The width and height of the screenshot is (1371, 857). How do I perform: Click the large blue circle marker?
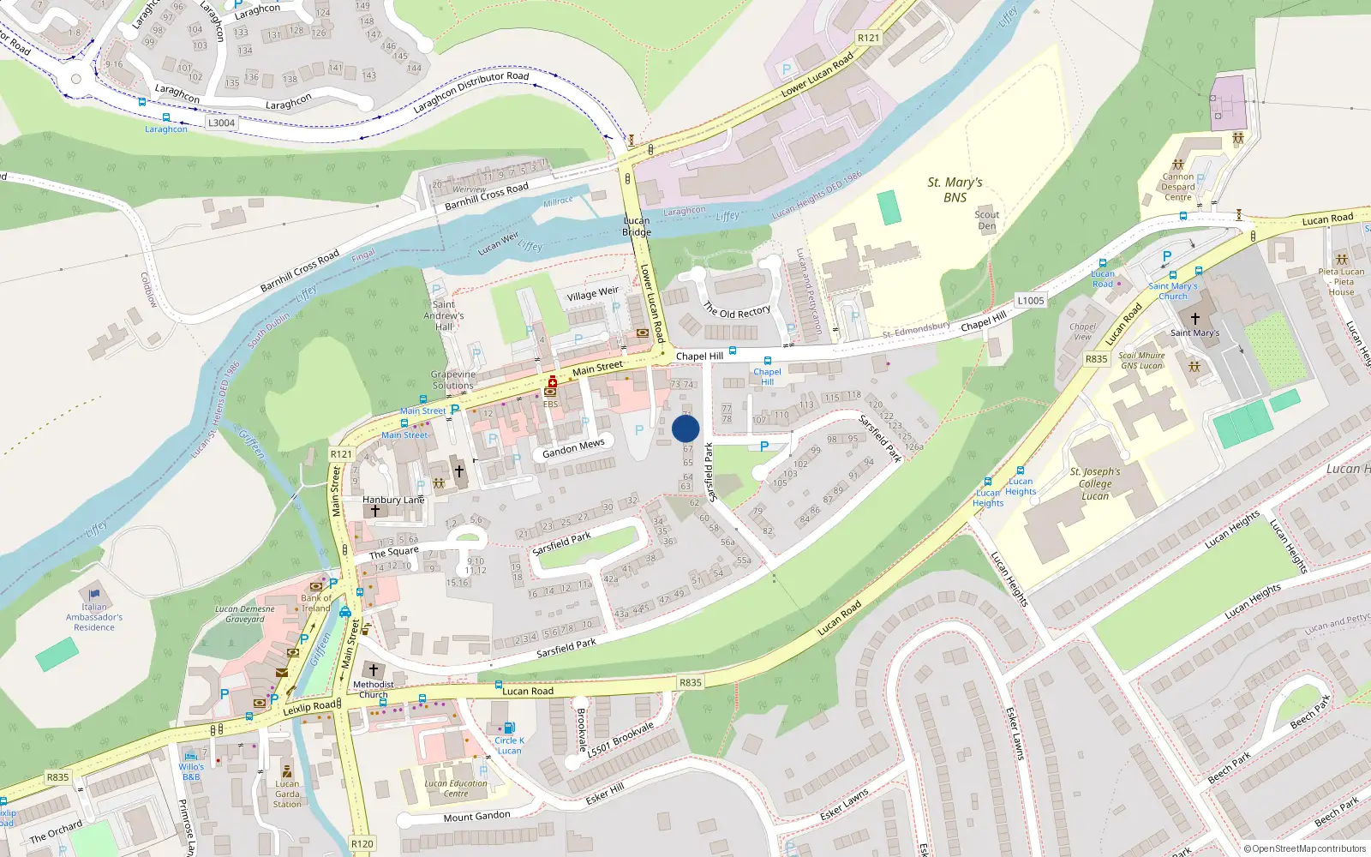[685, 428]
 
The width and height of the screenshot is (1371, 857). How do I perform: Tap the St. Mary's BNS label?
[955, 189]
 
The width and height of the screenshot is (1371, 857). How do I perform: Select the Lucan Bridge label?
[637, 226]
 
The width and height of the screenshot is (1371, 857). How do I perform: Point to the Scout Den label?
[987, 220]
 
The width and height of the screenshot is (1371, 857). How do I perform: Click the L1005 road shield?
[1031, 301]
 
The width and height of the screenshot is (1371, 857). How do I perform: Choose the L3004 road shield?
[221, 123]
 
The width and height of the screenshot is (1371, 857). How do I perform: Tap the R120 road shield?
[362, 843]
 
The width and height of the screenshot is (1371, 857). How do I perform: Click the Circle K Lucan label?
[509, 746]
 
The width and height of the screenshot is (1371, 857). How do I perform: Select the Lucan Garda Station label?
[287, 794]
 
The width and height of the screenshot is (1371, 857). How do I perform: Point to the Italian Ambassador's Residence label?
[94, 617]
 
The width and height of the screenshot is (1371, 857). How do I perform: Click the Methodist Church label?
[374, 689]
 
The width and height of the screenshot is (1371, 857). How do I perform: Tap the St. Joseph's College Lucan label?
[1095, 483]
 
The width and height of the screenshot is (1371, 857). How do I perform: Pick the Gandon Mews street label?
[573, 447]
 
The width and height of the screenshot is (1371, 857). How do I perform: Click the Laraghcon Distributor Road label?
[471, 93]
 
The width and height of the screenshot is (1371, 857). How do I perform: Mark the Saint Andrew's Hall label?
[444, 315]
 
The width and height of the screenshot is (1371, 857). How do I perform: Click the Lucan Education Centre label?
[456, 788]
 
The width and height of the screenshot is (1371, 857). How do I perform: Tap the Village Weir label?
[592, 294]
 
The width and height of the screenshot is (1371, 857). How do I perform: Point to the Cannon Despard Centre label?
[1178, 187]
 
